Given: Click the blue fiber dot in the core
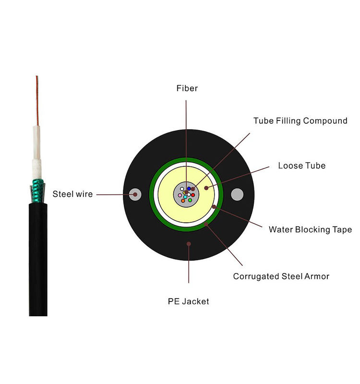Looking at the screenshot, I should (189, 189).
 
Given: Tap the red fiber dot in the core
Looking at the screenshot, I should (192, 195).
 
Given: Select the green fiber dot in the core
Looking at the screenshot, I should (190, 200).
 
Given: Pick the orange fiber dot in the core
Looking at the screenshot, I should (183, 200).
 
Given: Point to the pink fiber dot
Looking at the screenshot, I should (180, 195).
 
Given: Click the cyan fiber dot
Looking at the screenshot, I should (185, 196).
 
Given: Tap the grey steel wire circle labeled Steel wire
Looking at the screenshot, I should (135, 194).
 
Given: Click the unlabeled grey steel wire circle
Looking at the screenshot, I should (237, 194).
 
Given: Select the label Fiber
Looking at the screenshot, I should (187, 88).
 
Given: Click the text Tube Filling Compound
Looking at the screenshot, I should (300, 121).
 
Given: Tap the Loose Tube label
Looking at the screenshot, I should (301, 166).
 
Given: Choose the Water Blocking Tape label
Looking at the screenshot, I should (310, 229).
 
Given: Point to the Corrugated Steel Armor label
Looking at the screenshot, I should (281, 276).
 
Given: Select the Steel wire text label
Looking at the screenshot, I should (72, 194).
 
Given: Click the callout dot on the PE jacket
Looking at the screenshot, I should (189, 244).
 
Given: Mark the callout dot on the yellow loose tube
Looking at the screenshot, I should (207, 188).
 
